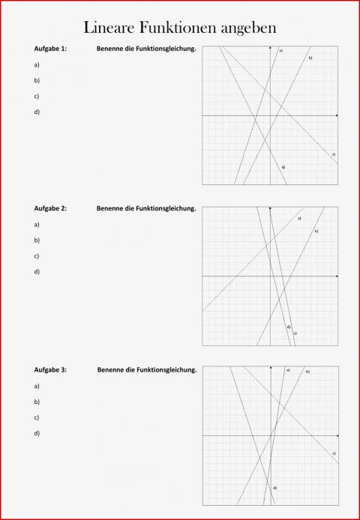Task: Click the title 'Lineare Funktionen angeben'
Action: [180, 28]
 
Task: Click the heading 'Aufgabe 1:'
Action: [50, 49]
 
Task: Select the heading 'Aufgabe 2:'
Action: [50, 208]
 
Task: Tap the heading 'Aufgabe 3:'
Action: [50, 369]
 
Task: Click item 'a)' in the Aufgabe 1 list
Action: [37, 64]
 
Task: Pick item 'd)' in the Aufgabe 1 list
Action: [37, 112]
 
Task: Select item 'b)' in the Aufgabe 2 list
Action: [37, 240]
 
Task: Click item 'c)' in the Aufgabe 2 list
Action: [37, 256]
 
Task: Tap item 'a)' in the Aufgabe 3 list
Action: [37, 386]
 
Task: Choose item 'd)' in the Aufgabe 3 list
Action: [37, 433]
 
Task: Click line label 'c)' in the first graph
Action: [333, 154]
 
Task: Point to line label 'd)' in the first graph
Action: [283, 166]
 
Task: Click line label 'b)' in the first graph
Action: [310, 58]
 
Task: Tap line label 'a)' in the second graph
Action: [298, 218]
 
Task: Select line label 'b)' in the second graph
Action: [316, 231]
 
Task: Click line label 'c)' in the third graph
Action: [333, 453]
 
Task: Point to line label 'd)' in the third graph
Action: [274, 488]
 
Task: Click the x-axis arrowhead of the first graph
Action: [337, 115]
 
